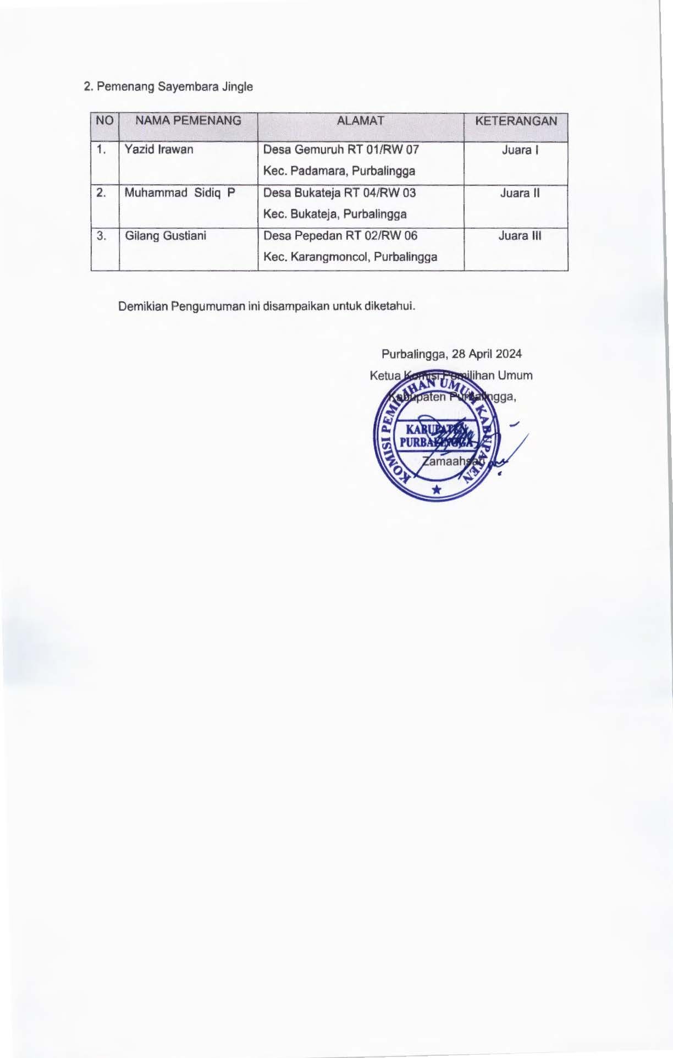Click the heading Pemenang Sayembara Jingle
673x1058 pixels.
coord(174,86)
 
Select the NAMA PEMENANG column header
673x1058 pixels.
coord(188,121)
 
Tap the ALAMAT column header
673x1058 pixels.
coord(361,121)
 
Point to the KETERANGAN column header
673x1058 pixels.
coord(516,121)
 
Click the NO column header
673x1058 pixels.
coord(104,121)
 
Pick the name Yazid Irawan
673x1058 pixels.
coord(159,150)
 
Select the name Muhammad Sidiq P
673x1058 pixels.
coord(180,193)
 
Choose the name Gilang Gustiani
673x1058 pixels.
coord(166,236)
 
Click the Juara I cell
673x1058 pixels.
coord(520,150)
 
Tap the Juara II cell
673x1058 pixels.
coord(520,193)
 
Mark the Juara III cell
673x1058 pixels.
coord(520,236)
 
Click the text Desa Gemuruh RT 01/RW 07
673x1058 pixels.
coord(341,150)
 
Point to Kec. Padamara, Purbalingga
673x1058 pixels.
coord(339,171)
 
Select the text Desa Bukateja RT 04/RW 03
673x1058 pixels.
coord(339,193)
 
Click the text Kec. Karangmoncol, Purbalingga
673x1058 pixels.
coord(350,257)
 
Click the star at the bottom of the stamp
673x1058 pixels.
coord(437,489)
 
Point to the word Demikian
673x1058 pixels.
coord(142,306)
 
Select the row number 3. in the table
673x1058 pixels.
coord(102,236)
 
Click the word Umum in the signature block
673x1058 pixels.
coord(515,376)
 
